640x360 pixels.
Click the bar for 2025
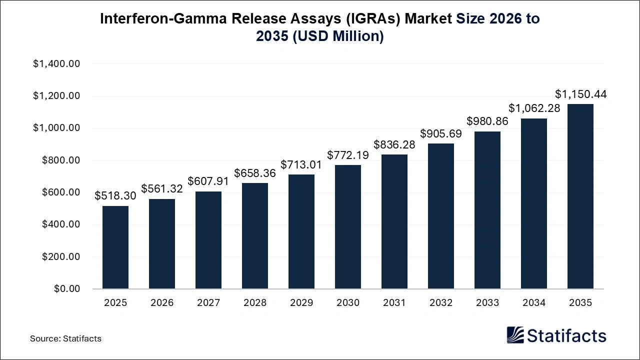tap(115, 247)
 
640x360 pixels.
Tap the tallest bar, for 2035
tap(580, 196)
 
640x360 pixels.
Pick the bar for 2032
tap(441, 216)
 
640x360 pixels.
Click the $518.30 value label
tap(115, 196)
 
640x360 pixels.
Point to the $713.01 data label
tap(301, 164)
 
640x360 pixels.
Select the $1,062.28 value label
tap(534, 108)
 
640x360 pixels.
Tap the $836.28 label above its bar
tap(394, 144)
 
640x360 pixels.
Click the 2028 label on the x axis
tap(255, 303)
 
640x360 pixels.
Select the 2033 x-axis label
tap(487, 303)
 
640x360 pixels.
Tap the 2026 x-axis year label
tap(162, 303)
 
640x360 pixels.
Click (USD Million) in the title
tap(338, 36)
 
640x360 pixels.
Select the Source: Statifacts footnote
tap(65, 338)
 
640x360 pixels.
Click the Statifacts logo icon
tap(515, 335)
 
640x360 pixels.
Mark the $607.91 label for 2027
tap(208, 181)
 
